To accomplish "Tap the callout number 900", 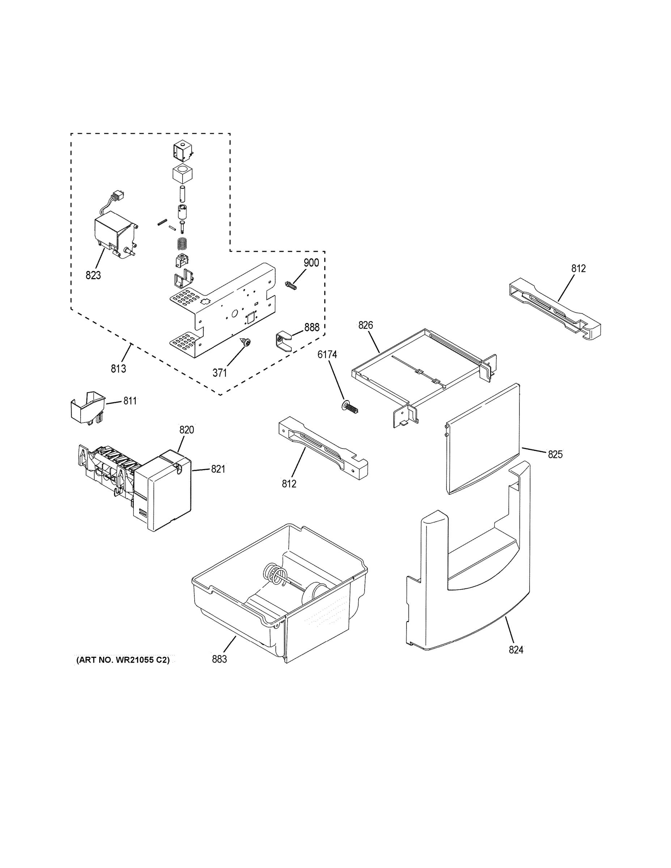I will click(x=311, y=263).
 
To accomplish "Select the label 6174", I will click(x=327, y=354).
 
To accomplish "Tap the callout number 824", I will click(x=516, y=650).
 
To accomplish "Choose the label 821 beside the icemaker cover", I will click(x=218, y=469).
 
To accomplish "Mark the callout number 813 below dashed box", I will click(x=118, y=369).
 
